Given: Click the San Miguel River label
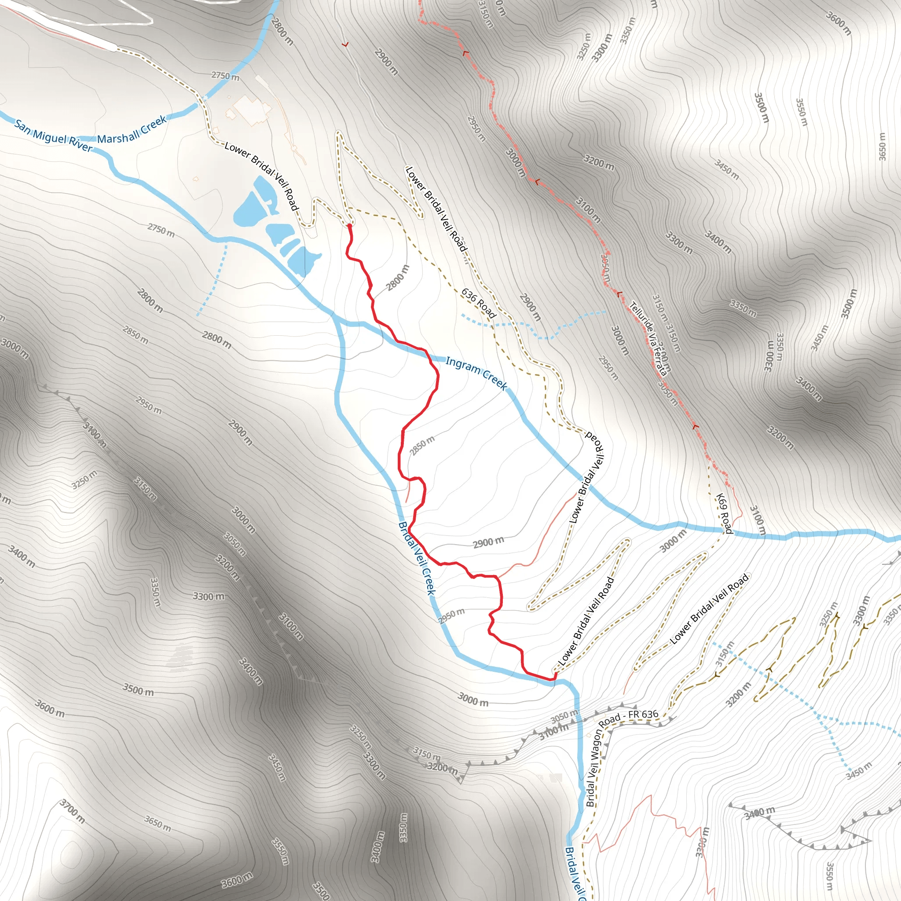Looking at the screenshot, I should click(x=54, y=136).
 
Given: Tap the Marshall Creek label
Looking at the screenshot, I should click(x=132, y=130).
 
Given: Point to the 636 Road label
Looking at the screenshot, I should click(x=478, y=303).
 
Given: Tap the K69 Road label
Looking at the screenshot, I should click(x=724, y=513).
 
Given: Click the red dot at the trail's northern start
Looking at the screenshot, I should click(x=349, y=226).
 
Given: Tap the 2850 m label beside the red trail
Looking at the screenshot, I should click(x=421, y=445).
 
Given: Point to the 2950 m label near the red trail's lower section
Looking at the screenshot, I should click(x=451, y=615).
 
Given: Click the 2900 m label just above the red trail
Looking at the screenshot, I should click(x=488, y=543).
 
